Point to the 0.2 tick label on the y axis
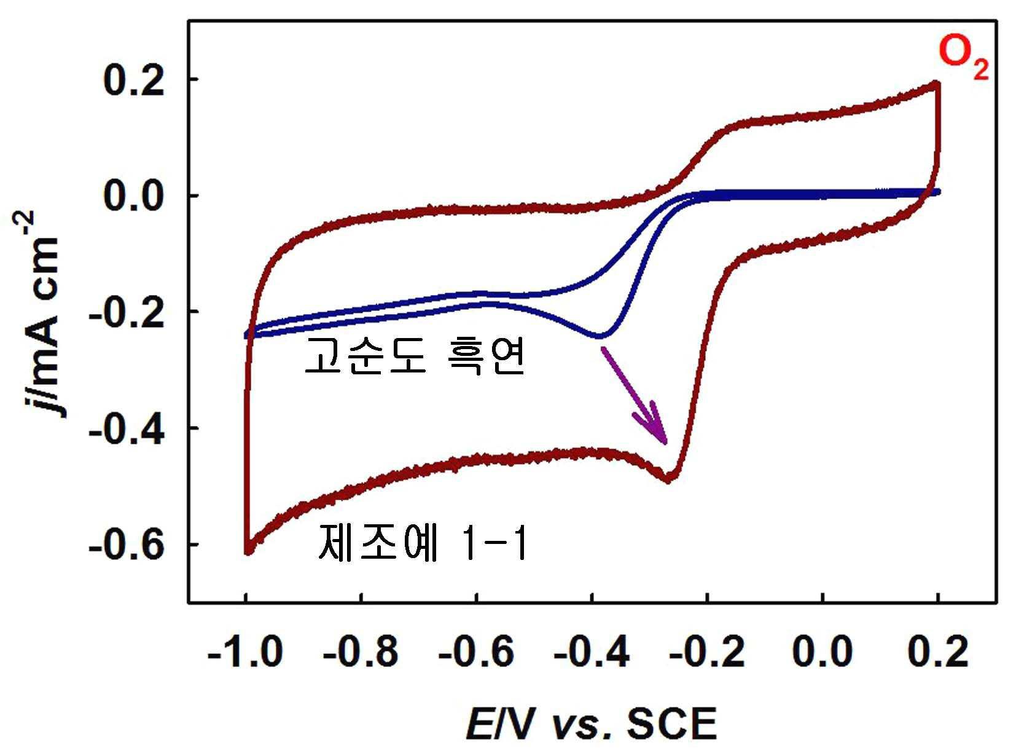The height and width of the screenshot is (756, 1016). tap(133, 81)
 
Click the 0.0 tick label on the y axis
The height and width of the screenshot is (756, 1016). tap(133, 196)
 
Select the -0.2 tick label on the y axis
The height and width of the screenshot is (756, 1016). tap(126, 312)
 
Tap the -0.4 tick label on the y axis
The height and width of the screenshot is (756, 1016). tap(126, 429)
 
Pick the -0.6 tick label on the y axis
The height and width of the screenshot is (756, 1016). tap(126, 545)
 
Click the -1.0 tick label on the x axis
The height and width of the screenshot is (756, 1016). tap(245, 652)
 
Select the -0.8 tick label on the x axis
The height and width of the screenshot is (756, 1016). tap(361, 652)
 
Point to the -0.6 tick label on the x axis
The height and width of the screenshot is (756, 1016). tap(476, 652)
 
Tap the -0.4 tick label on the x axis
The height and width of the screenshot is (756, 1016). tap(592, 652)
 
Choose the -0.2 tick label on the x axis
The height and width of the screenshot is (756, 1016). tap(707, 652)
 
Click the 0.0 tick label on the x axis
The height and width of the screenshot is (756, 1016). tap(823, 652)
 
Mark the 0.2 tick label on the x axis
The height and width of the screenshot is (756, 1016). tap(938, 652)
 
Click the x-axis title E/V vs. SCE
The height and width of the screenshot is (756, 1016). tap(592, 724)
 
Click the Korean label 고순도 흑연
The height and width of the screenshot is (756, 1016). tap(414, 357)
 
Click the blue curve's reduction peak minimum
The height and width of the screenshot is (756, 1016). tap(600, 336)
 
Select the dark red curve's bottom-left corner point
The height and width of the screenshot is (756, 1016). tap(248, 551)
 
